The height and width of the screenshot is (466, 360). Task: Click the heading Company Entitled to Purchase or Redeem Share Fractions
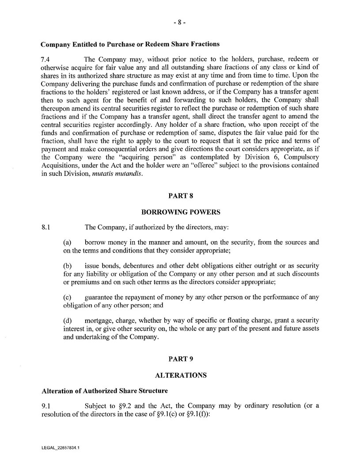click(x=130, y=44)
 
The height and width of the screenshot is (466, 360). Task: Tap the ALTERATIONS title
click(x=181, y=375)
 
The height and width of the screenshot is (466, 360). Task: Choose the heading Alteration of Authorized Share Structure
click(x=105, y=391)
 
